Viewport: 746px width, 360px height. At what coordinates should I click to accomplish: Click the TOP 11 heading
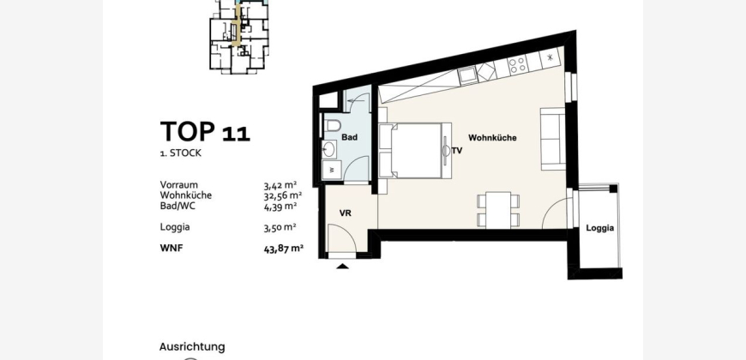coord(205,131)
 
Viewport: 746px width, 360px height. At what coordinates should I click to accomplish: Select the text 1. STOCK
coord(180,153)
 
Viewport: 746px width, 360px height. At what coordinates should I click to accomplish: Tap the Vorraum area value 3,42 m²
coord(280,185)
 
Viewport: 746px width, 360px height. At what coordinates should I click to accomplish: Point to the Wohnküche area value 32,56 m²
coord(283,195)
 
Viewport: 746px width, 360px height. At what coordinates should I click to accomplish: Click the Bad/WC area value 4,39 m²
coord(280,206)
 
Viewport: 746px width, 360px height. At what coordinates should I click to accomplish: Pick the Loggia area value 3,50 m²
coord(280,227)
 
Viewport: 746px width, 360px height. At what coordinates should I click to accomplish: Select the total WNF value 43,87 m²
coord(284,249)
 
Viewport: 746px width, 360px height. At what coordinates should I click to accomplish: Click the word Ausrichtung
coord(192,346)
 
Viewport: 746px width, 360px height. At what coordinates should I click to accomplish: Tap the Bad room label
coord(349,137)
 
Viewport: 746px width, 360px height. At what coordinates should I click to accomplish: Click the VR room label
coord(346,213)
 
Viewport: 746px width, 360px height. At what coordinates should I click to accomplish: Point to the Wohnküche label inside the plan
coord(492,138)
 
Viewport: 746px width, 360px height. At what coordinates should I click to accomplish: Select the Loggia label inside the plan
coord(599,228)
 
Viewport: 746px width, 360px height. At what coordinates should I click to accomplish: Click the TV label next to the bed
coord(457,151)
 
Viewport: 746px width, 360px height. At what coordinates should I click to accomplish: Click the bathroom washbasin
coord(328,150)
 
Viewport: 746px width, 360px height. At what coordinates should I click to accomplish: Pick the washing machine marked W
coord(332,170)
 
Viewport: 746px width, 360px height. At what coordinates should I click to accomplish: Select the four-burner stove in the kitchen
coord(517,64)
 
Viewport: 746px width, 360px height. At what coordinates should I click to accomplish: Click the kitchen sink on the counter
coord(467,75)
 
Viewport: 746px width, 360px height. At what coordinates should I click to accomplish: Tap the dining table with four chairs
coord(498,210)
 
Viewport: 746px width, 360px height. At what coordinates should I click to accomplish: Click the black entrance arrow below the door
coord(342,267)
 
